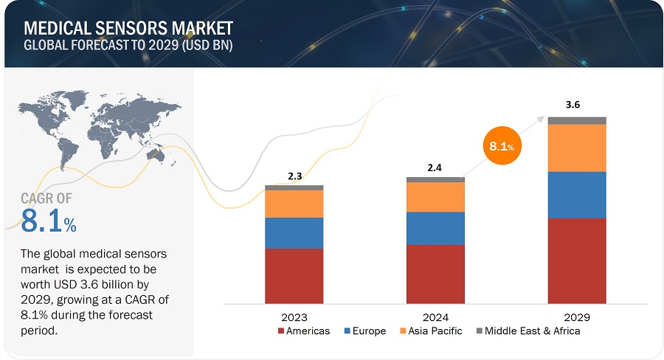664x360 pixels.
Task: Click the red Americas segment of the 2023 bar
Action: (x=294, y=276)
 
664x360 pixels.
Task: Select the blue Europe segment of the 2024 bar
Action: (x=435, y=228)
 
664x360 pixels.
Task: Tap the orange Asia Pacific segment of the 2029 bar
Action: (x=577, y=148)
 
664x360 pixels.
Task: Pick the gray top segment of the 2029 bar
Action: (x=577, y=120)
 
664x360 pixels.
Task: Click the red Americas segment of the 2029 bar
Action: (x=577, y=260)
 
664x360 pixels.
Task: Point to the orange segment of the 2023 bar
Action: (x=294, y=204)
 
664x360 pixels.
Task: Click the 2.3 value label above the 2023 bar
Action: (x=294, y=176)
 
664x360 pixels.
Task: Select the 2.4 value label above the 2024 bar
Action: (x=435, y=168)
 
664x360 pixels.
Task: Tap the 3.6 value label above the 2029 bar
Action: (x=573, y=105)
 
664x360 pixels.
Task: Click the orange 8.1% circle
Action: (x=502, y=146)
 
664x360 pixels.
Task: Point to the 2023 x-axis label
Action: (x=294, y=316)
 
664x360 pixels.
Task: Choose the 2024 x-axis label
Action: (x=435, y=316)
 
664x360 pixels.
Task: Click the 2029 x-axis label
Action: (x=577, y=316)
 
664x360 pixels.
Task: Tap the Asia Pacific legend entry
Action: (x=431, y=331)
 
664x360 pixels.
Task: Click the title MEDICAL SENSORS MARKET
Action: (x=128, y=28)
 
